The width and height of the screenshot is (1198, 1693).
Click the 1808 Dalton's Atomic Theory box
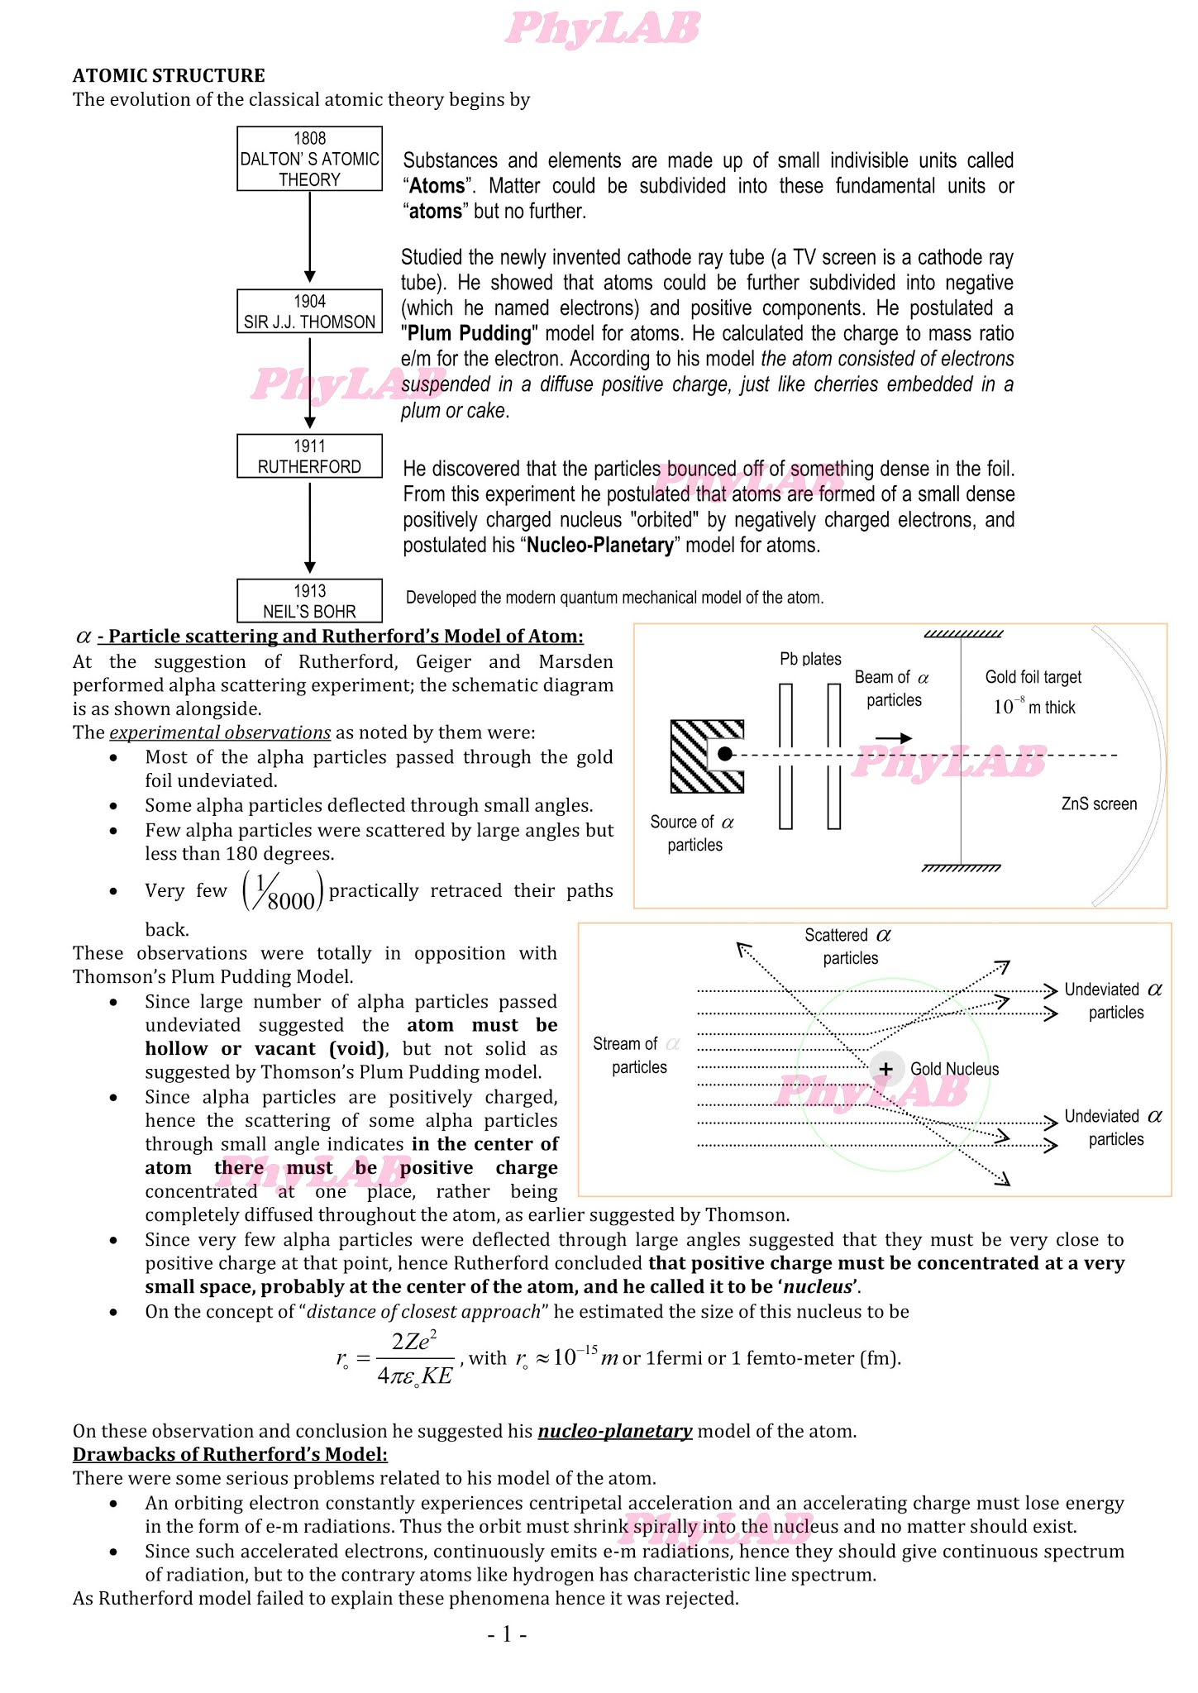[x=309, y=159]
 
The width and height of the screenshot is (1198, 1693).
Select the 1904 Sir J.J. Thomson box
[x=309, y=312]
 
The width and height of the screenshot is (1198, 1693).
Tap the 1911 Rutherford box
[x=309, y=456]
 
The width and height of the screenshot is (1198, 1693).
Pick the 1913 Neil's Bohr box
[x=309, y=601]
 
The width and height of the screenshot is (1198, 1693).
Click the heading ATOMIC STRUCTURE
[x=169, y=75]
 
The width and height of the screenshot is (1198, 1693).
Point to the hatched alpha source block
[x=691, y=756]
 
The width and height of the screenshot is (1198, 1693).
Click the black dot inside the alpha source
[x=725, y=754]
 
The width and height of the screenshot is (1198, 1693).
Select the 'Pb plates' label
[x=810, y=659]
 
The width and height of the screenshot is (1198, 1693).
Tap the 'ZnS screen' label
[x=1099, y=804]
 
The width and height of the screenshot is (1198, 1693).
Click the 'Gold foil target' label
[x=1033, y=677]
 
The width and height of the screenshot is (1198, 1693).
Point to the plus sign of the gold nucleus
[x=886, y=1069]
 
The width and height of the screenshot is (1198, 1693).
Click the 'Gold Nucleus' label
[x=954, y=1069]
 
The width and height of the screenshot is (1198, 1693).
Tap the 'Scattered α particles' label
[x=848, y=947]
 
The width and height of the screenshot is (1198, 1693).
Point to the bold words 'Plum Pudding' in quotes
[x=469, y=333]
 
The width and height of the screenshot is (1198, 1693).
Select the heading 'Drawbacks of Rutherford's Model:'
[x=230, y=1454]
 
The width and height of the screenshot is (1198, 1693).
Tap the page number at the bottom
[x=507, y=1633]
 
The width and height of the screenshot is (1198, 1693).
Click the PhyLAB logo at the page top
[x=601, y=28]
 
